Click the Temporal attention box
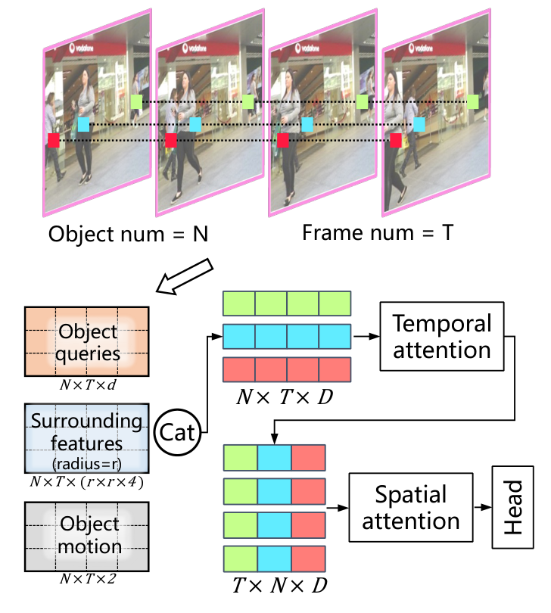pyautogui.click(x=441, y=337)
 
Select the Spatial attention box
pyautogui.click(x=409, y=507)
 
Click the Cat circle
pyautogui.click(x=179, y=434)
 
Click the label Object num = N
pyautogui.click(x=128, y=235)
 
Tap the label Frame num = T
pyautogui.click(x=377, y=232)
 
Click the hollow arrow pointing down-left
pyautogui.click(x=184, y=276)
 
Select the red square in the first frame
pyautogui.click(x=54, y=140)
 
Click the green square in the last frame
pyautogui.click(x=473, y=101)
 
